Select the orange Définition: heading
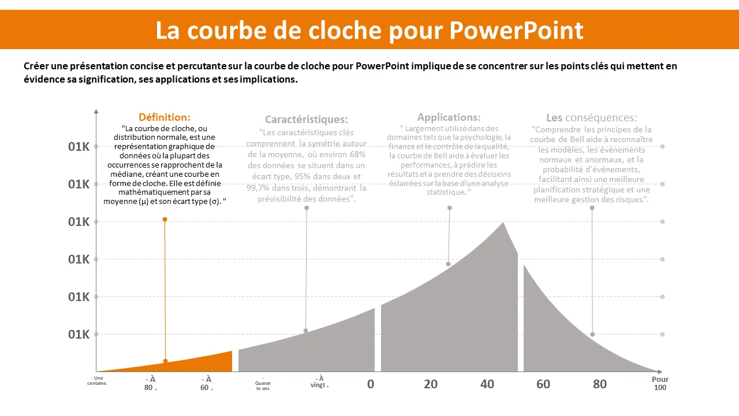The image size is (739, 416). pos(165,117)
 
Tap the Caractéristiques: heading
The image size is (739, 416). pos(307,120)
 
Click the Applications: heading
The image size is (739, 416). pos(449,117)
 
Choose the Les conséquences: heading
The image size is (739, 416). pos(592,118)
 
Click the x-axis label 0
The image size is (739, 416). pos(371,384)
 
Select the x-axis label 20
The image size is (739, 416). pos(431,384)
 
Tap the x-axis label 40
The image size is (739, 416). pos(487,384)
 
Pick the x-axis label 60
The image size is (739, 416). pos(543,384)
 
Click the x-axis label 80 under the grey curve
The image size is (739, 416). pos(600,384)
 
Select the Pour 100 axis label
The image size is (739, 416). pos(660,384)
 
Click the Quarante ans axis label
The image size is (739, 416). pos(263,385)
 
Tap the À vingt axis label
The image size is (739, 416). pos(319,382)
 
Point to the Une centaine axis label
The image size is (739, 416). pos(98,380)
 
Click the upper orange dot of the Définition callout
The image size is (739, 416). pos(165,220)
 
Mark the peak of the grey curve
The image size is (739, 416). pos(503,222)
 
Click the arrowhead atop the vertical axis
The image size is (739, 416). pos(96,110)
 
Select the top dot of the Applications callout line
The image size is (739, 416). pos(449,208)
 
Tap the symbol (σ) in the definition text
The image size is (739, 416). pos(215,201)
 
